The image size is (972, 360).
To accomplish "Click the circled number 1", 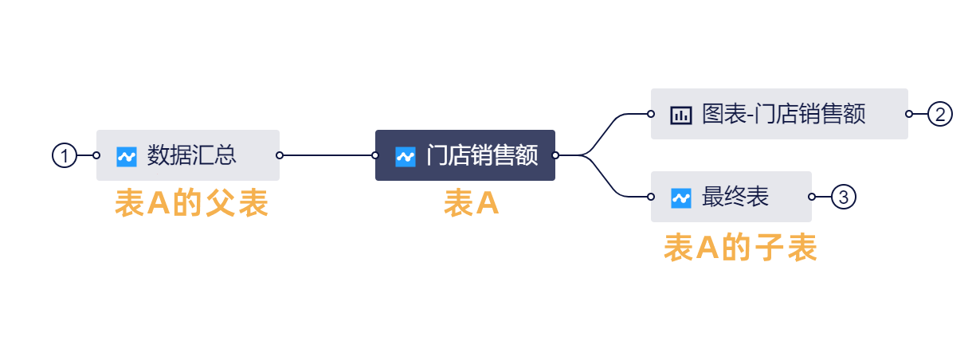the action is click(x=65, y=155).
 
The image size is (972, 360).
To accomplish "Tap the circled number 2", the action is click(x=940, y=114).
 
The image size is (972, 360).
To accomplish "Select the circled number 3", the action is click(x=844, y=197).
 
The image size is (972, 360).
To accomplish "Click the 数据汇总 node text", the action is click(x=191, y=155).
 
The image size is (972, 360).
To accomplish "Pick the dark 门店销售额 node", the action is click(x=465, y=155).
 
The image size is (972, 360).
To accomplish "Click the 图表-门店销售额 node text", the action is click(x=784, y=114).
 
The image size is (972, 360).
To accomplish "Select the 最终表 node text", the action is click(x=735, y=197).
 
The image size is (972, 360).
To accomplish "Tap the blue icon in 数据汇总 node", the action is click(x=127, y=157).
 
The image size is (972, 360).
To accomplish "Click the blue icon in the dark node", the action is click(x=406, y=157).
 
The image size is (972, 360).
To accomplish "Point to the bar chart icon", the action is click(x=681, y=115).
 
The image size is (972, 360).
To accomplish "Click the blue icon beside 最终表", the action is click(x=681, y=198).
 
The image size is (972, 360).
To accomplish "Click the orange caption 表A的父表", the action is click(x=191, y=203).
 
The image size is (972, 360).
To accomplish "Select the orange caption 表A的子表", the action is click(x=740, y=248).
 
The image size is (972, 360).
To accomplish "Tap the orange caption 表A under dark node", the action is click(x=471, y=203).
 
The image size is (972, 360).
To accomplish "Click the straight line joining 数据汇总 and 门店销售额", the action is click(x=327, y=155).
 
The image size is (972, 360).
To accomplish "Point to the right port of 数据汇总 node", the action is click(x=280, y=155).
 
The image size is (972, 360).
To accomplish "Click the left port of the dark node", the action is click(x=375, y=155).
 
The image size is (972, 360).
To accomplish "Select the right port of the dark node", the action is click(x=555, y=155).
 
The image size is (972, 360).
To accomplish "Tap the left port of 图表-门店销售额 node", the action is click(x=651, y=114).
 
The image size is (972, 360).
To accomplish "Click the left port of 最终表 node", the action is click(x=651, y=197).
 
